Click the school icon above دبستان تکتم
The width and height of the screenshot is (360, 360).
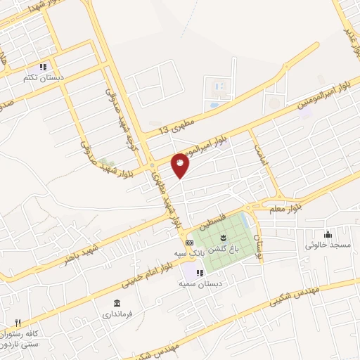tap(43, 67)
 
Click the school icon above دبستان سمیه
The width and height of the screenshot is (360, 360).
tap(200, 272)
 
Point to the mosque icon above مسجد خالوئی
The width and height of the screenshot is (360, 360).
tap(327, 234)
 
